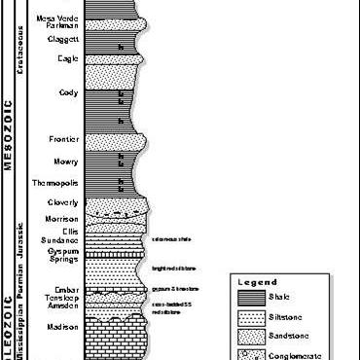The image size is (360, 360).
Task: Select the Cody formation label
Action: click(68, 93)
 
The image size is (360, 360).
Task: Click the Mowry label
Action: click(66, 162)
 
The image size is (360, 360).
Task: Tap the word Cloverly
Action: click(63, 201)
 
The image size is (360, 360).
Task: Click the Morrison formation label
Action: click(61, 219)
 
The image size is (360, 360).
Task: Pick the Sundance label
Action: click(61, 239)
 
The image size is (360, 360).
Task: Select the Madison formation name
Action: click(61, 327)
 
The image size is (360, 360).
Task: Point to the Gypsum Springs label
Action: click(59, 256)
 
